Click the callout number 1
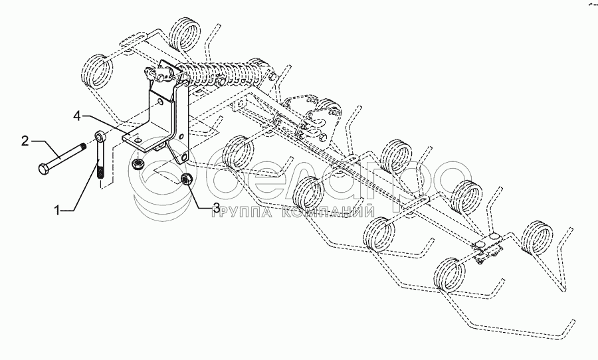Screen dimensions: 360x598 pos(58,211)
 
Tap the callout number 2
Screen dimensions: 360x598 pos(25,140)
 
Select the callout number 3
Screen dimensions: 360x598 pos(217,208)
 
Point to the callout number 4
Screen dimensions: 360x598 pos(78,116)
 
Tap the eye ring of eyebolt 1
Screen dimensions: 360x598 pos(99,137)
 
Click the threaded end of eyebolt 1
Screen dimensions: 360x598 pos(101,173)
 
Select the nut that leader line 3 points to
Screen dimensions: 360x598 pos(187,179)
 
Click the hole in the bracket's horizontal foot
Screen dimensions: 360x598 pos(138,141)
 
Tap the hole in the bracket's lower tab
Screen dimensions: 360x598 pos(182,159)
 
